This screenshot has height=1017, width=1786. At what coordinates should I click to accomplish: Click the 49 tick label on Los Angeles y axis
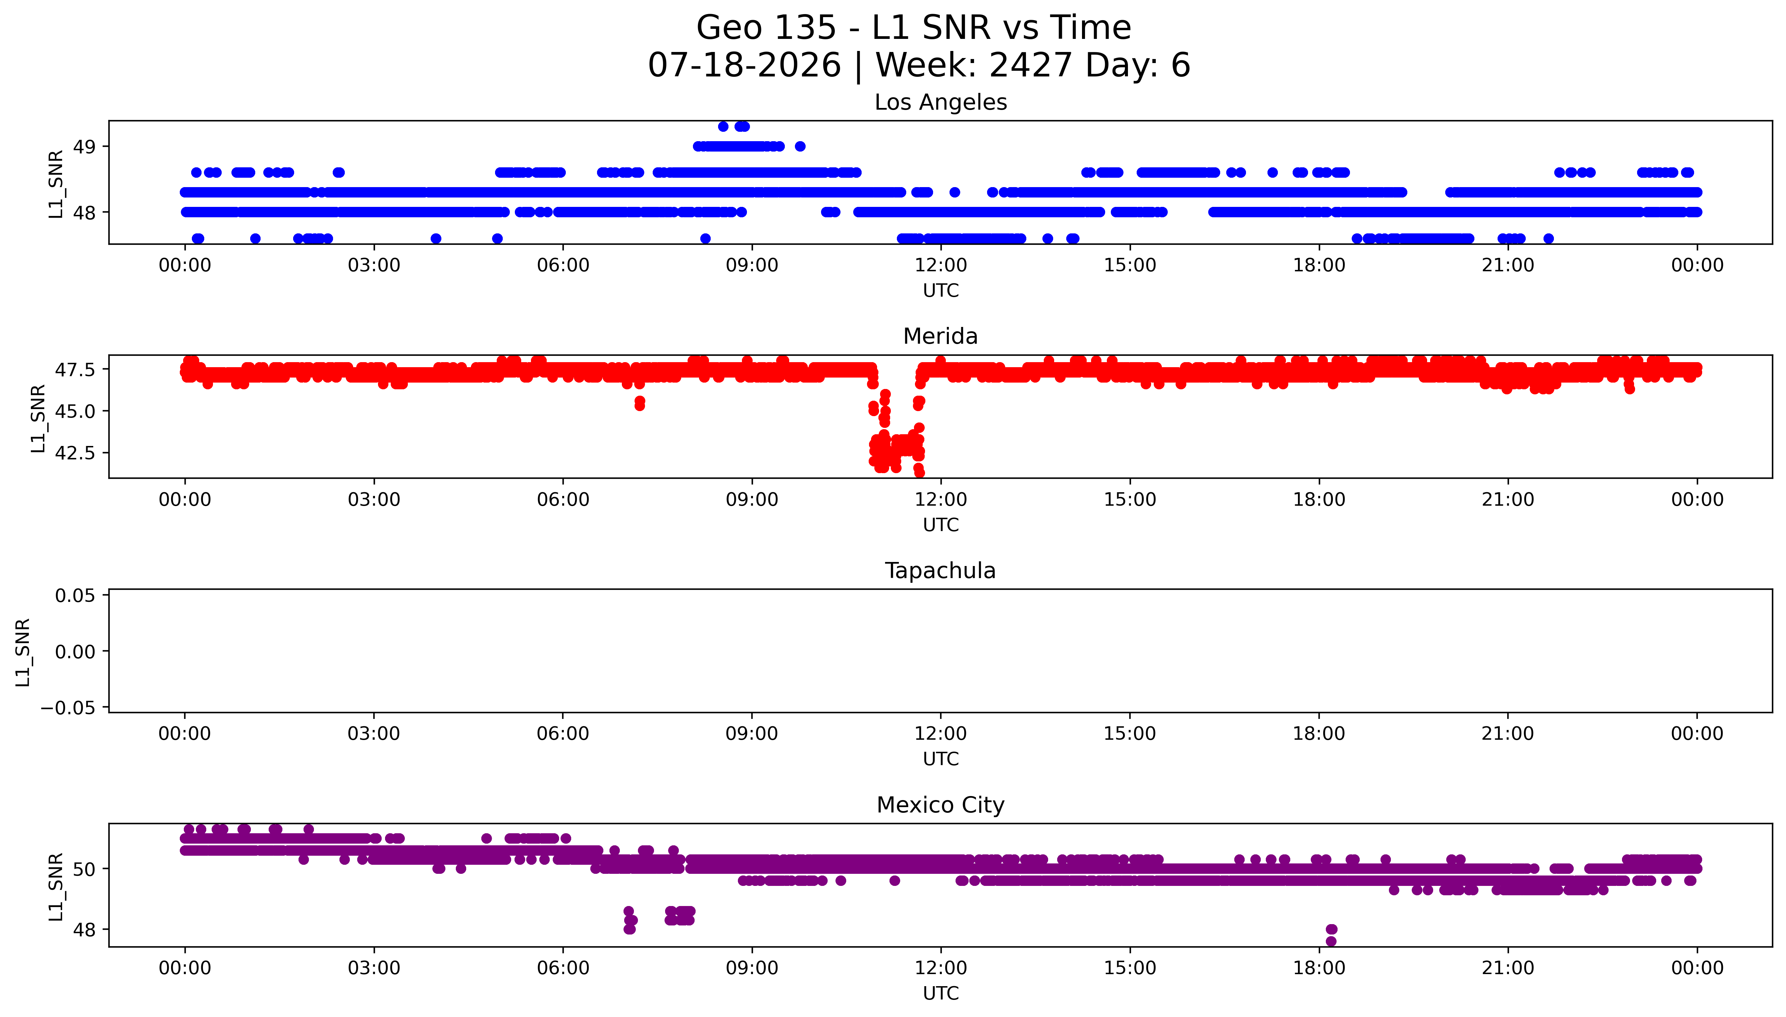coord(85,147)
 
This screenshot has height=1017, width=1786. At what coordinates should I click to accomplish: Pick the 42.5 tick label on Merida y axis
coord(75,453)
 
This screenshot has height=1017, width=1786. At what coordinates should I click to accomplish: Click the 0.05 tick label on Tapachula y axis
coord(75,596)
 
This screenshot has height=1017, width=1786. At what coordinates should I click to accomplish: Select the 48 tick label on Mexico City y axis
coord(85,930)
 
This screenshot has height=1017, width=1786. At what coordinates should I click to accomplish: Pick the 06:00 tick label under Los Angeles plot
coord(563,266)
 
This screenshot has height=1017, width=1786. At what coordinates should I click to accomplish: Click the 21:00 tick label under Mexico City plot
coord(1508,968)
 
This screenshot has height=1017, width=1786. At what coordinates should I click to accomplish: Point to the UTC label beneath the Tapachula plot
coord(941,759)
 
